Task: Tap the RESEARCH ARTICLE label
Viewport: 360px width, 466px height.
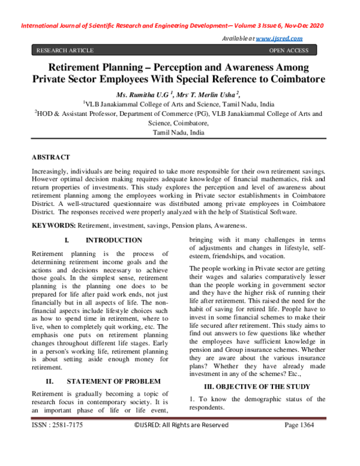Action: point(65,50)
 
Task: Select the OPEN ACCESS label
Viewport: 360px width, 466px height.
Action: point(289,50)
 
